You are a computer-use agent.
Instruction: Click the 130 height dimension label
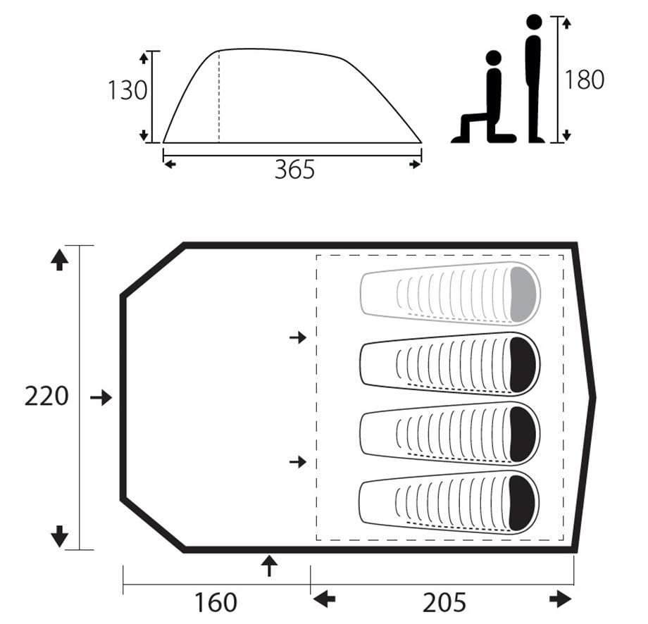coord(127,90)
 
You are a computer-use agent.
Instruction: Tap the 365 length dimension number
coord(294,170)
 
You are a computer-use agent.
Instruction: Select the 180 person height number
coord(585,80)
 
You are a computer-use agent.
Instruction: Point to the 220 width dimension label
coord(46,396)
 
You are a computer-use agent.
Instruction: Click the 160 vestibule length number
coord(216,602)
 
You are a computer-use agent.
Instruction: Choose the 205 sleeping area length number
coord(444,602)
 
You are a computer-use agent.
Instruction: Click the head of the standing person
coord(534,22)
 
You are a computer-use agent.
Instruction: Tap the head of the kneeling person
coord(494,58)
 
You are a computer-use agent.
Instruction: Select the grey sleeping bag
coord(449,293)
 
